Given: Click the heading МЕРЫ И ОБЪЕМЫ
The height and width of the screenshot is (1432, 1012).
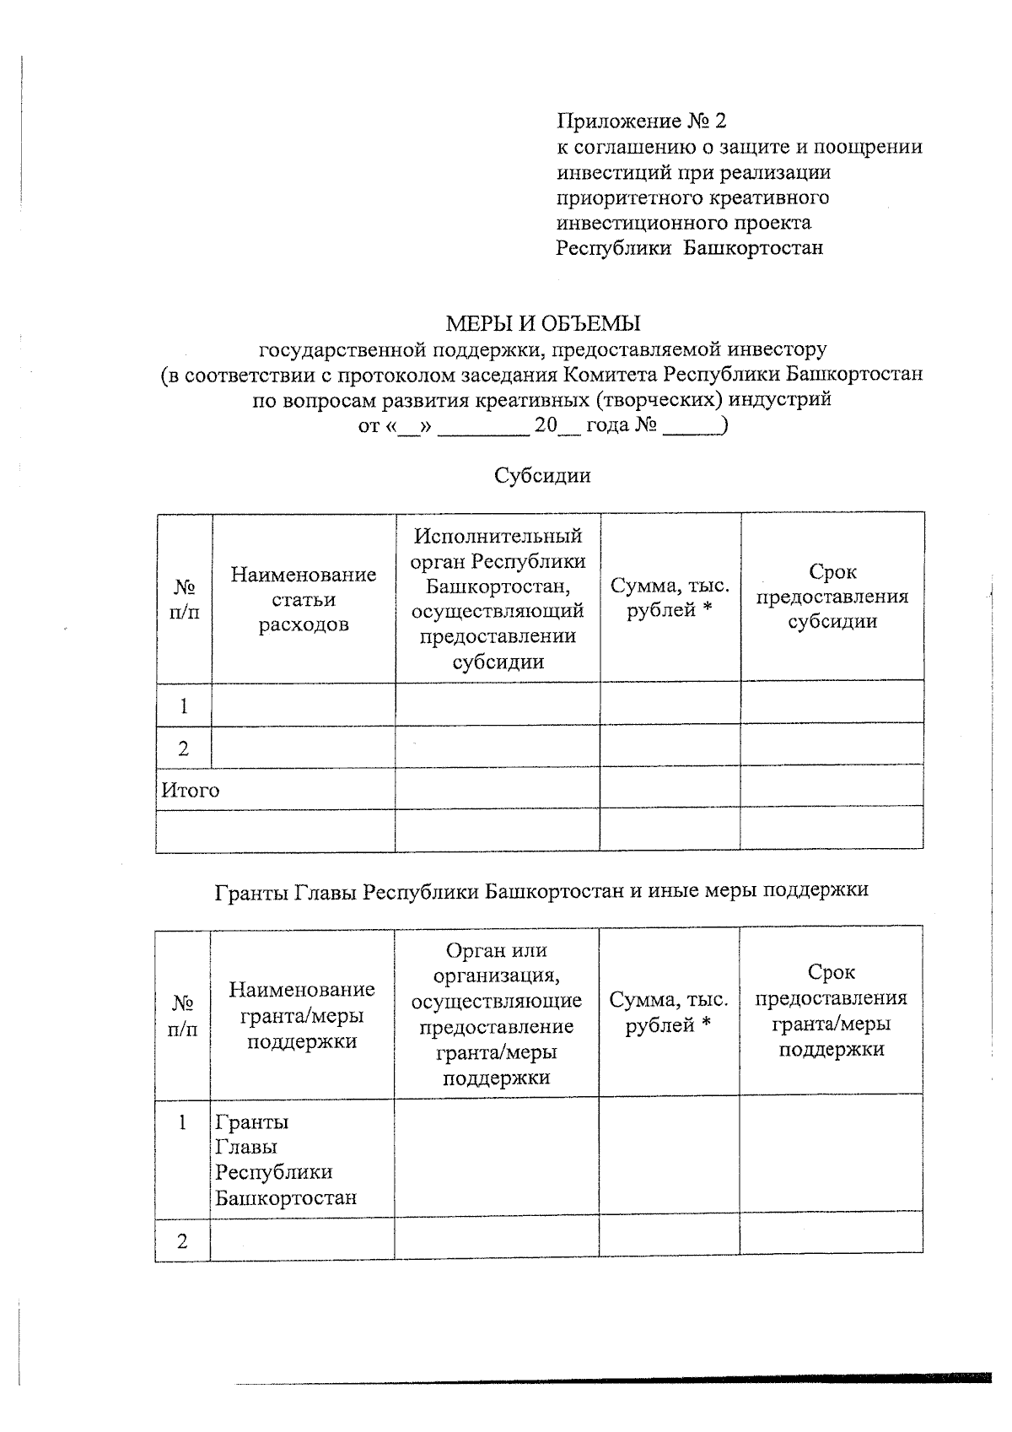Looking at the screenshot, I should tap(542, 323).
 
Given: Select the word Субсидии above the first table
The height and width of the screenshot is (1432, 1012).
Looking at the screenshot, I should tap(542, 475).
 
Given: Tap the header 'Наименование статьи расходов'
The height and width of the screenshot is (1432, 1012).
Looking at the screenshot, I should tap(304, 599).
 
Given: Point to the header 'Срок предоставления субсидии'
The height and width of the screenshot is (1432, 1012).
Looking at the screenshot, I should tap(832, 597).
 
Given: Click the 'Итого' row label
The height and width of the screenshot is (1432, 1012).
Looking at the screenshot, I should tap(191, 791).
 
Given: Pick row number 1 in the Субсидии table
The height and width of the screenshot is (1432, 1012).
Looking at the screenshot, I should tap(184, 706).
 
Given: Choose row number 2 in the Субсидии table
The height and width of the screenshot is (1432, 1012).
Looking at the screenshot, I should tap(184, 748).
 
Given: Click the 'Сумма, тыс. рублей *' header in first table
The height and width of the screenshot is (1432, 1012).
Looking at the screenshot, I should tap(670, 597).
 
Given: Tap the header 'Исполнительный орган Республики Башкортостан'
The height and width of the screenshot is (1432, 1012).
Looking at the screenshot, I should tap(498, 598).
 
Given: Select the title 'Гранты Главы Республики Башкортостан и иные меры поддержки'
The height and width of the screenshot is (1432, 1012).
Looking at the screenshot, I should tap(541, 890).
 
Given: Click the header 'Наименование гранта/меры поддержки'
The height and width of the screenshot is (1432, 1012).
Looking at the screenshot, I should tap(302, 1014).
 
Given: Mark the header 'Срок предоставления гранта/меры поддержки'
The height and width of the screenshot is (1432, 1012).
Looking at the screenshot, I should tap(831, 1011).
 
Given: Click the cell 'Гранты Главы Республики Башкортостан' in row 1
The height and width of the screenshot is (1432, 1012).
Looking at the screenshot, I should tap(286, 1159).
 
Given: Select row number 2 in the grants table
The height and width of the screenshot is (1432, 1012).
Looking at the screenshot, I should tap(182, 1241).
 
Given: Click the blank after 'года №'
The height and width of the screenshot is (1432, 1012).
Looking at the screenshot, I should tap(692, 427).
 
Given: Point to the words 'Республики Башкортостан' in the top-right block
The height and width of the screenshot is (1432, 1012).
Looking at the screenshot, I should tap(689, 248).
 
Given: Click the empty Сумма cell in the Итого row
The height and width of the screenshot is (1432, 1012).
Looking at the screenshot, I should tap(670, 786).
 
